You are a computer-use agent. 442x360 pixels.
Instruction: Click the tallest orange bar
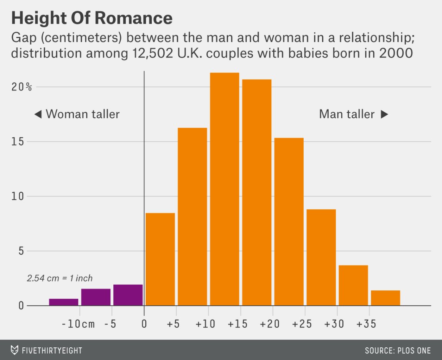pyautogui.click(x=224, y=188)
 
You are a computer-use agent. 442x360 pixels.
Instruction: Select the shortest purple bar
pyautogui.click(x=64, y=302)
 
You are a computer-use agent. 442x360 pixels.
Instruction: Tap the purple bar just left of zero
pyautogui.click(x=128, y=295)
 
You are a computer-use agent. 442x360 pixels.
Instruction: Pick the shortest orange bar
pyautogui.click(x=386, y=298)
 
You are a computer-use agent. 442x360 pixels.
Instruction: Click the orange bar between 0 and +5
pyautogui.click(x=160, y=259)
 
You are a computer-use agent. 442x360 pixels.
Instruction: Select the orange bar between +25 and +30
pyautogui.click(x=321, y=257)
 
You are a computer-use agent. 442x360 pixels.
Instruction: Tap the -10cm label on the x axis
pyautogui.click(x=78, y=324)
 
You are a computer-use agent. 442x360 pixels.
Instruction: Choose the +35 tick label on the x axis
pyautogui.click(x=366, y=324)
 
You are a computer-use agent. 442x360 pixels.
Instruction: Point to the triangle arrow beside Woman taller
pyautogui.click(x=38, y=114)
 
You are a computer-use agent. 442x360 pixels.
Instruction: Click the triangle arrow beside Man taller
pyautogui.click(x=384, y=114)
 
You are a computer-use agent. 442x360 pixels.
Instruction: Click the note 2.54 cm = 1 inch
pyautogui.click(x=60, y=278)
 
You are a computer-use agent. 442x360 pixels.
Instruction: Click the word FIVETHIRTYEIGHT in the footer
pyautogui.click(x=52, y=350)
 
